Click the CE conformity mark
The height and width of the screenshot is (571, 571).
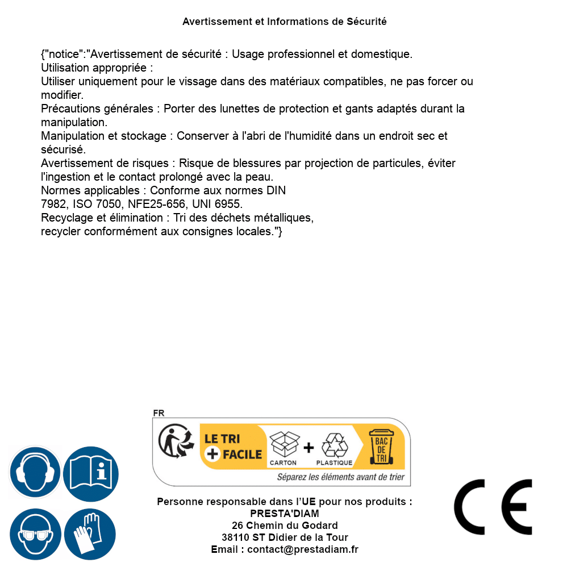pos(493,507)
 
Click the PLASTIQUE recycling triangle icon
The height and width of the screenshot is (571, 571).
pos(334,445)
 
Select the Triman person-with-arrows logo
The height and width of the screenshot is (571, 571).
pos(175,442)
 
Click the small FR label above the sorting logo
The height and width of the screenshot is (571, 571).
pos(159,413)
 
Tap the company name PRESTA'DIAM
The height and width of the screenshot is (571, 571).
pos(285,514)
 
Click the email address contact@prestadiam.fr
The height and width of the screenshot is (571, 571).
pos(303,549)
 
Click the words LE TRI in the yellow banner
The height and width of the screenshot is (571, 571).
pos(223,439)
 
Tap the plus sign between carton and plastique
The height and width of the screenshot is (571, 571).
pos(309,448)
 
